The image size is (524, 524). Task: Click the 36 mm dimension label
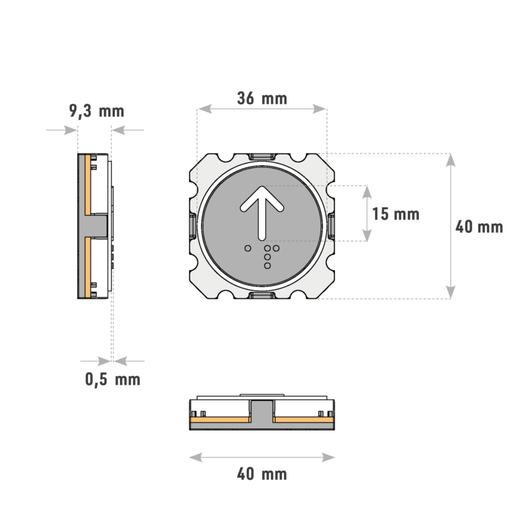(262, 98)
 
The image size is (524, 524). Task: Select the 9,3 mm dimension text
(96, 111)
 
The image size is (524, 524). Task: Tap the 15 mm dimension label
(396, 214)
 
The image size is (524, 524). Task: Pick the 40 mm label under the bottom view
(263, 474)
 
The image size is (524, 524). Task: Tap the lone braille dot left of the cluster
(248, 247)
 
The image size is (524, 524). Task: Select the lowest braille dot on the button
(267, 265)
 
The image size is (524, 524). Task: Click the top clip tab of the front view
(262, 157)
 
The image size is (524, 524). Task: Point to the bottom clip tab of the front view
(262, 295)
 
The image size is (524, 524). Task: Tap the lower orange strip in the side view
(89, 266)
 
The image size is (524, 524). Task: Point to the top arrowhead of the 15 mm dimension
(367, 190)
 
